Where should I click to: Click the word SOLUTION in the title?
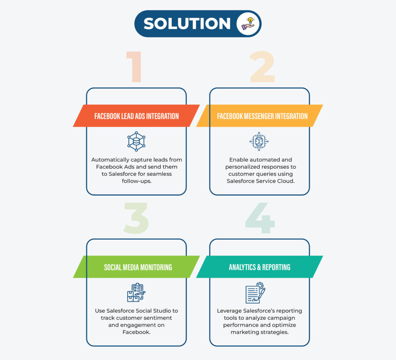[x=187, y=24]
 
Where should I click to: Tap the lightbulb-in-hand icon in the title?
[x=248, y=24]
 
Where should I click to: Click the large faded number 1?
[x=134, y=67]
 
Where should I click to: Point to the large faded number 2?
[x=262, y=67]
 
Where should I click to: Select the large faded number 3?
[x=136, y=218]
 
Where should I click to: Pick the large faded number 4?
[x=260, y=218]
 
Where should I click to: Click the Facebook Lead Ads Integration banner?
[x=137, y=116]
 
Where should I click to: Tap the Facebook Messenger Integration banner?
[x=259, y=116]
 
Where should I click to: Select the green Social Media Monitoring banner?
[x=137, y=267]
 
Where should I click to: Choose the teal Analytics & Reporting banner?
[x=259, y=267]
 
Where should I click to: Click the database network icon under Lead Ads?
[x=137, y=142]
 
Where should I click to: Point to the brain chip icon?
[x=259, y=142]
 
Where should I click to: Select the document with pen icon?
[x=256, y=293]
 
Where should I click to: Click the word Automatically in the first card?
[x=110, y=160]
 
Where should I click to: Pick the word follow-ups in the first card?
[x=137, y=181]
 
